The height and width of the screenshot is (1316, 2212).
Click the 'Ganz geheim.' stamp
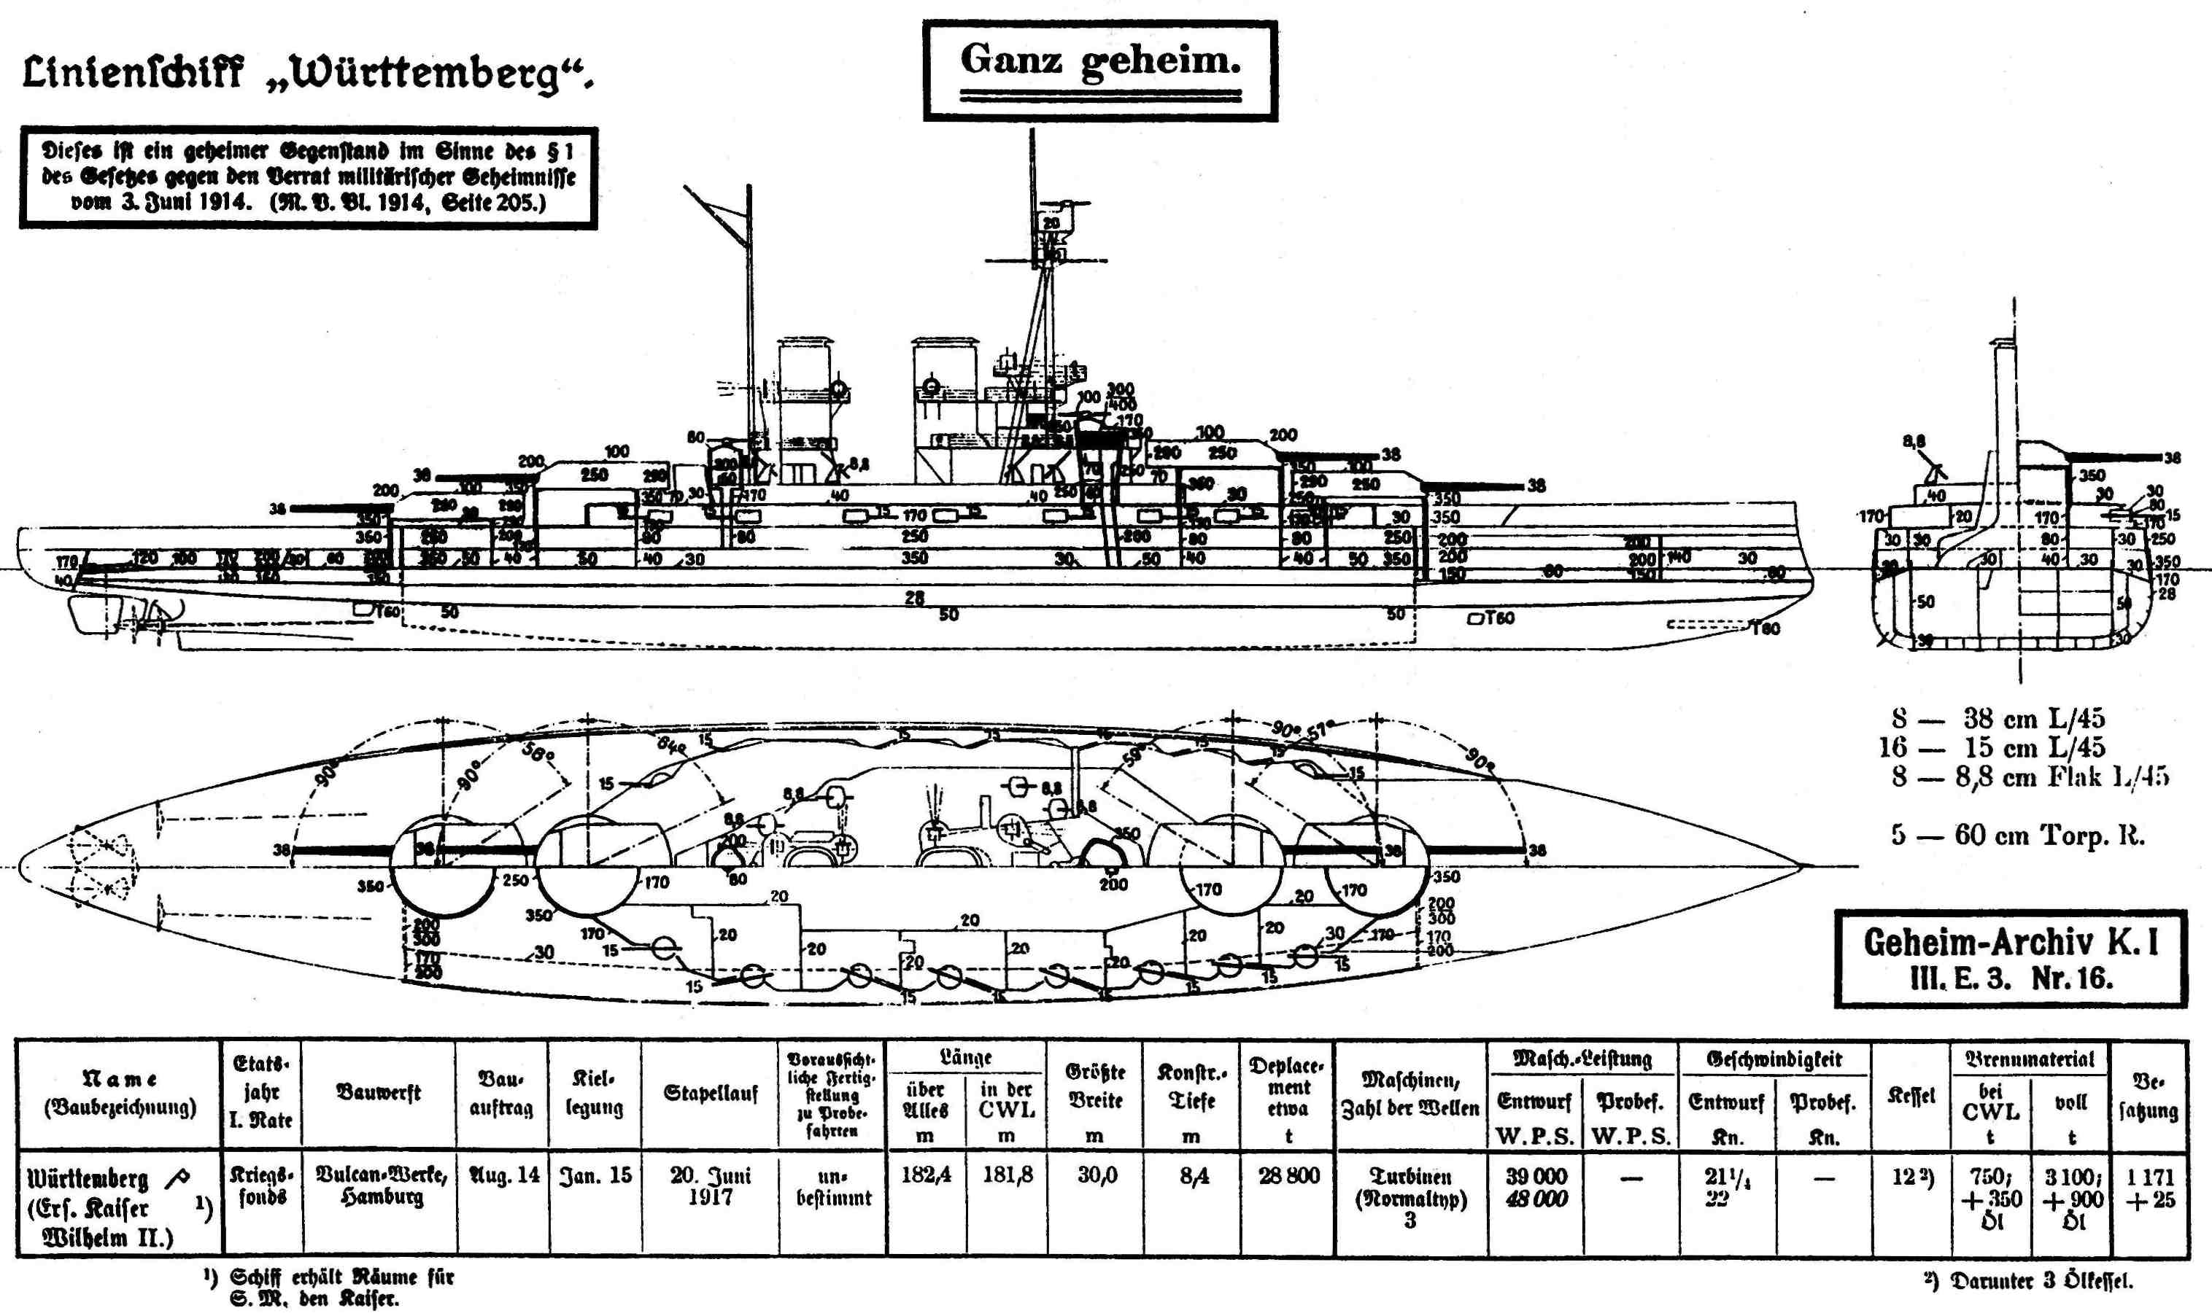tap(1099, 69)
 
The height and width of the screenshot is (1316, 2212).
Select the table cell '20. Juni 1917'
tap(710, 1185)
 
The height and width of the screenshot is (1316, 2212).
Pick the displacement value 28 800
tap(1288, 1176)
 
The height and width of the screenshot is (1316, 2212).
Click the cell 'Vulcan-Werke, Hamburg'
tap(381, 1185)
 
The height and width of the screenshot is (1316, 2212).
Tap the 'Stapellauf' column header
tap(710, 1094)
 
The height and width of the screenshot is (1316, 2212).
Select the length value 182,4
tap(927, 1176)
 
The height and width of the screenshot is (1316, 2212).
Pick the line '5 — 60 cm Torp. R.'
tap(2016, 836)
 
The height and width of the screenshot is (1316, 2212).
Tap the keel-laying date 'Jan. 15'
tap(595, 1176)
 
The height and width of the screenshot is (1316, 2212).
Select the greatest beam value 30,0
tap(1096, 1176)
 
